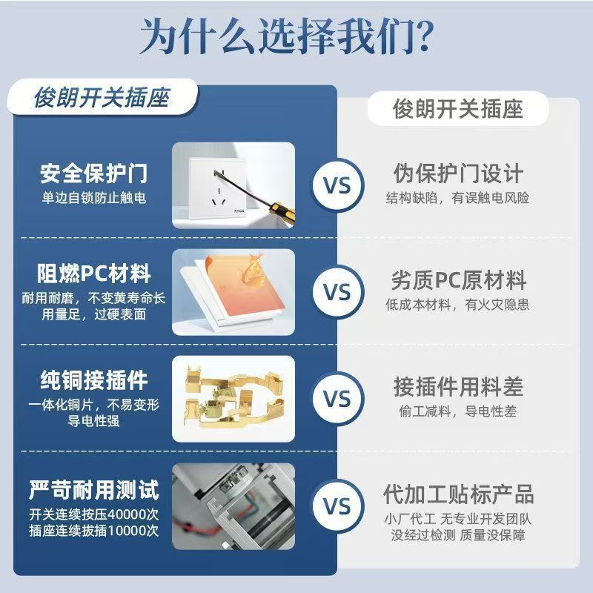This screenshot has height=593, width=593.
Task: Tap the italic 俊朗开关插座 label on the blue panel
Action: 102,98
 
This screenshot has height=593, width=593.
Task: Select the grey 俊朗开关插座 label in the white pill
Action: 457,109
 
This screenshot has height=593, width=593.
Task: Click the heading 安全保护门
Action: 94,173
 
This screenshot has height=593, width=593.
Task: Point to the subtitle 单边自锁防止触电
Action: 94,198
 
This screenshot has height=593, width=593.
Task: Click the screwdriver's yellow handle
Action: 283,214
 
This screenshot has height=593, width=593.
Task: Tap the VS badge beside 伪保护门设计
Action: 337,186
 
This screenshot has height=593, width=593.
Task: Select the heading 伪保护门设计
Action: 458,173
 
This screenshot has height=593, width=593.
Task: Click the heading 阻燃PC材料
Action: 94,274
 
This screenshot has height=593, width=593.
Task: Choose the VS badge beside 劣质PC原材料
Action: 337,291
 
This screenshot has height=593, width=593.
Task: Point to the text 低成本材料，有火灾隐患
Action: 457,305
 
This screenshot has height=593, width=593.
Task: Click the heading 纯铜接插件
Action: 94,380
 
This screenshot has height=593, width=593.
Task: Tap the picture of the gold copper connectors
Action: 233,399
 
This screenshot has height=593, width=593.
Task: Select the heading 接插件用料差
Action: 458,386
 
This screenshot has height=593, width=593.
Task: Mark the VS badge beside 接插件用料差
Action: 337,399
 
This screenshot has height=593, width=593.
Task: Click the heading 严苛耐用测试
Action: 94,490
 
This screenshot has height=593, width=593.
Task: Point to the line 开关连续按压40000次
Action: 94,514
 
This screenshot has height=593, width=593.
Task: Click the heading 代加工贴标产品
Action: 458,494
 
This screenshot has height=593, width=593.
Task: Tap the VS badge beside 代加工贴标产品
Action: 337,506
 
